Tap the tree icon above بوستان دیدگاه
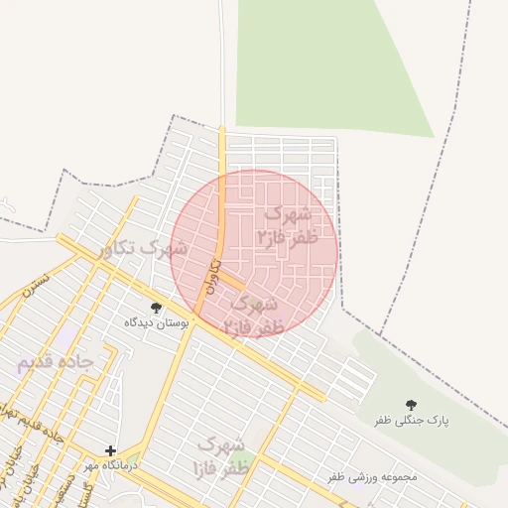[x=155, y=308]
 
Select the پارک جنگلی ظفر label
[x=412, y=421]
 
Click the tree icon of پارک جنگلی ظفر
[x=412, y=404]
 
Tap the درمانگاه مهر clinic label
[x=109, y=465]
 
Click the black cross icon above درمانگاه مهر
[x=110, y=450]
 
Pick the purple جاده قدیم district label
[x=55, y=363]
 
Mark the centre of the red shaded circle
[x=255, y=252]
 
